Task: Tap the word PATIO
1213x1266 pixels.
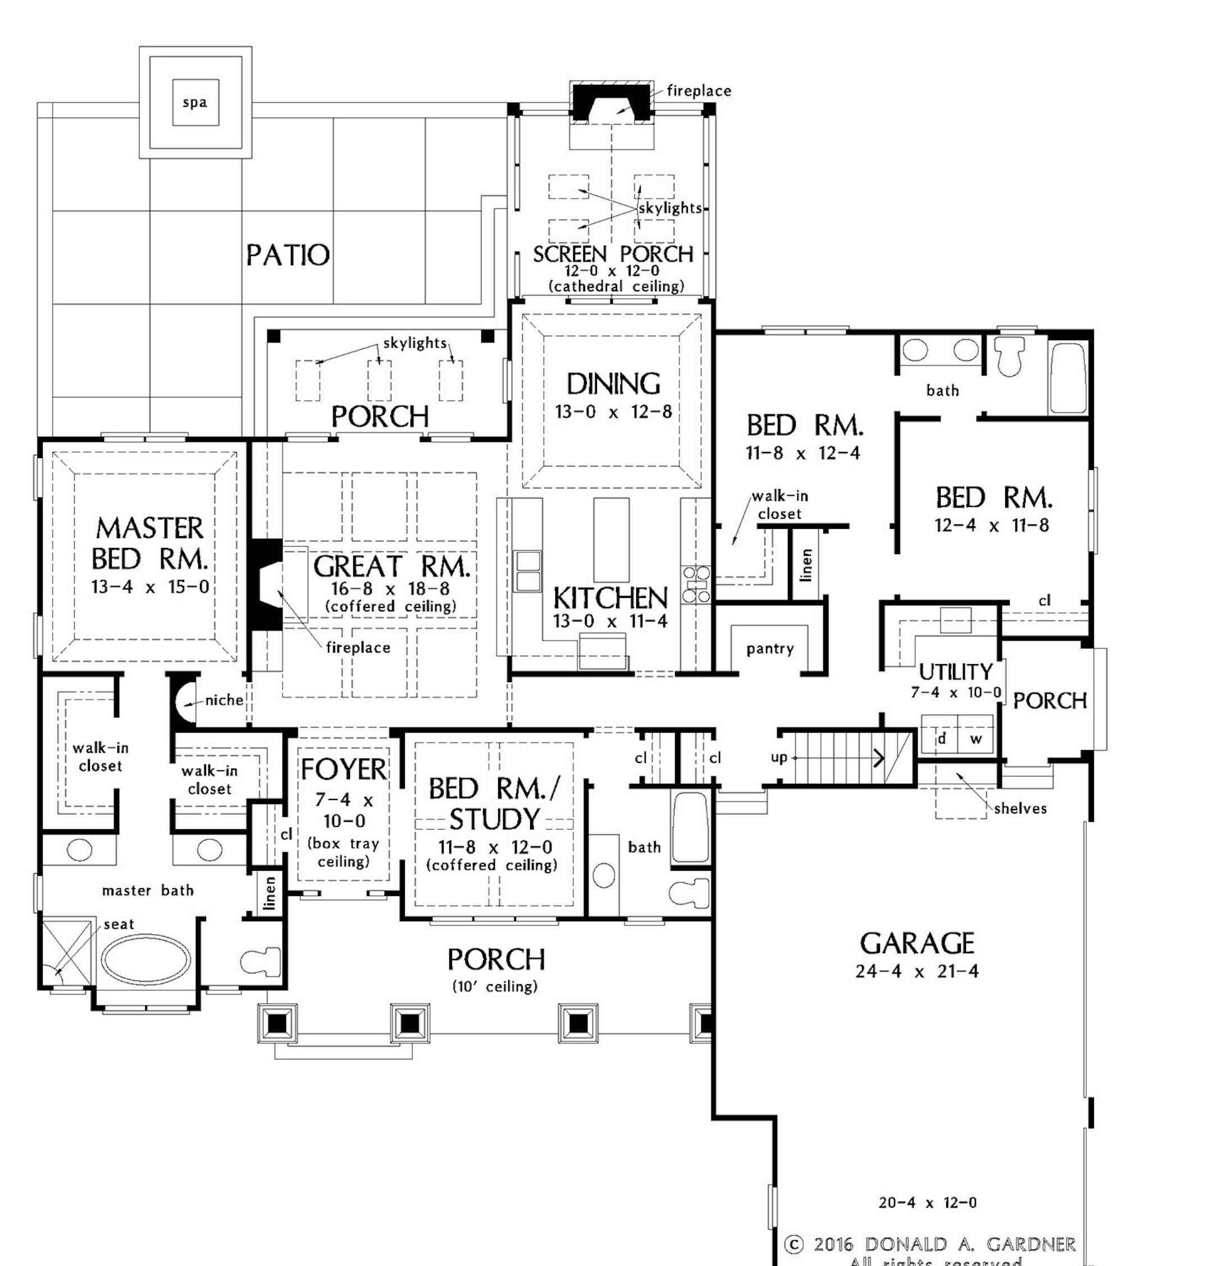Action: pos(288,256)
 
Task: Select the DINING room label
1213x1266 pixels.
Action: pos(613,385)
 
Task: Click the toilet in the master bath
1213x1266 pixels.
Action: pos(261,961)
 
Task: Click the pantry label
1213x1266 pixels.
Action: pos(770,648)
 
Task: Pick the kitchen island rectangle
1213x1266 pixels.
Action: pos(610,540)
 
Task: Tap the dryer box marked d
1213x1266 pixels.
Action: pos(941,738)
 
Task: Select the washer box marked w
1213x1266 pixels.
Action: pos(976,738)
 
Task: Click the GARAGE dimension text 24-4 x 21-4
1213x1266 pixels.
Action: pos(916,971)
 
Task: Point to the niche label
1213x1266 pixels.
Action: pos(224,700)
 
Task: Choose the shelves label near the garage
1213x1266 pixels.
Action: pos(1020,808)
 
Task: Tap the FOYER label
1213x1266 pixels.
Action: pos(343,769)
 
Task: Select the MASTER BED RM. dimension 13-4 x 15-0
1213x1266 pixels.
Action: pos(150,587)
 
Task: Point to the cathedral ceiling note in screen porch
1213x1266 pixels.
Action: pos(615,286)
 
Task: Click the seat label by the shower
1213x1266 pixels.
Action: pos(119,924)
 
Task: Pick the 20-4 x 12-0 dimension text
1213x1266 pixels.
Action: pos(927,1203)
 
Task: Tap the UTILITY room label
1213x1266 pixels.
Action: pos(955,673)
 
